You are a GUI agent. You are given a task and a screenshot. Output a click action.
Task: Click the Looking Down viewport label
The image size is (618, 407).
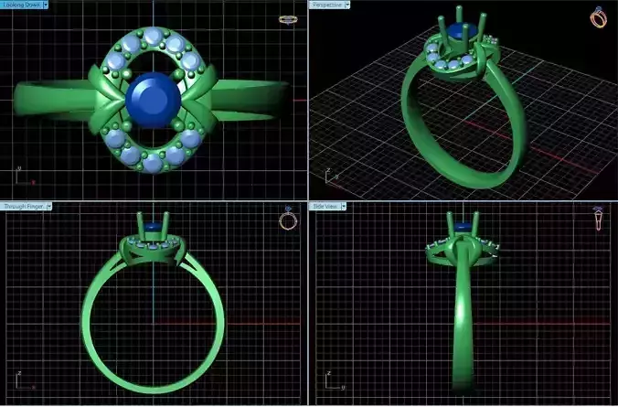tap(21, 5)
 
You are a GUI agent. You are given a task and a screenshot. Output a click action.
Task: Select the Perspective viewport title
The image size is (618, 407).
tap(326, 5)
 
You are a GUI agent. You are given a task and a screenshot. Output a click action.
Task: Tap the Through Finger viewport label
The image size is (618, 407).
tap(22, 207)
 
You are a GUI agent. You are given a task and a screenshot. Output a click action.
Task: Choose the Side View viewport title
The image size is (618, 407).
tap(326, 207)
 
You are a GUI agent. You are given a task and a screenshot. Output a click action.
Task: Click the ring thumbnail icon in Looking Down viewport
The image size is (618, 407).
tap(288, 18)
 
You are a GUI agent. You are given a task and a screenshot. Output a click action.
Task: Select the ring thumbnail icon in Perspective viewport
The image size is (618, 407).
tap(599, 16)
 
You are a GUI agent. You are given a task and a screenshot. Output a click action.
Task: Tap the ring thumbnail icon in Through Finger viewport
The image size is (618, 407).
tap(288, 220)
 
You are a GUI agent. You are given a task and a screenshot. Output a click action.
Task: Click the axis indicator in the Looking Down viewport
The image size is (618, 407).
tap(19, 172)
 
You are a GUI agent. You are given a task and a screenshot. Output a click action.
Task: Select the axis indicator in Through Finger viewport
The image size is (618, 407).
tap(19, 376)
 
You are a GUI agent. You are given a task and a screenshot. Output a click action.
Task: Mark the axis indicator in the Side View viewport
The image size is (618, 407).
tap(325, 376)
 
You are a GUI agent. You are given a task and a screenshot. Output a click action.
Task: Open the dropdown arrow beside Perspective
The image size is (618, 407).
tap(347, 5)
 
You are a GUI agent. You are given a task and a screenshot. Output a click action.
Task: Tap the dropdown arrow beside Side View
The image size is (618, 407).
tap(345, 207)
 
